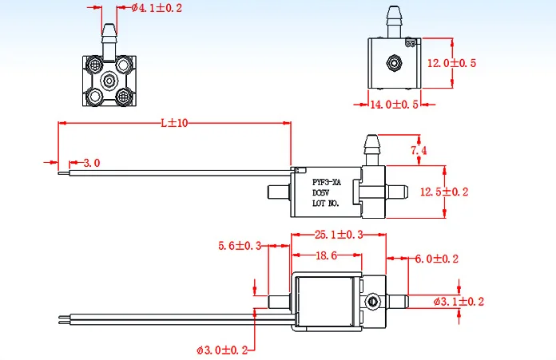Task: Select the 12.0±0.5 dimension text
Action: point(451,63)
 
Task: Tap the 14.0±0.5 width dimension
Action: point(393,105)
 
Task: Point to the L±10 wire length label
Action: point(173,123)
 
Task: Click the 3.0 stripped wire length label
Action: point(91,163)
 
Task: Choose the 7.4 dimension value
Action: point(419,150)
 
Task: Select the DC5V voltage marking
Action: point(320,192)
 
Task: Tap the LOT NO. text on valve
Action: point(326,204)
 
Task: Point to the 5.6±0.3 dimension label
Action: point(240,246)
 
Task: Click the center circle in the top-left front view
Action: point(109,80)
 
